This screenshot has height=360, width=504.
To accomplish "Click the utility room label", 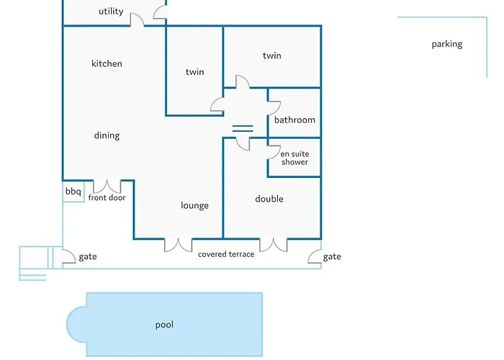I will pos(111,12).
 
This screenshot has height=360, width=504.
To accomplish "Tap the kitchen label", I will pos(107,63).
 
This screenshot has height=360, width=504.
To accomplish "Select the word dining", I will pos(107,135).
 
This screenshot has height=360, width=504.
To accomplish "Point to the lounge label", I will pos(194,205).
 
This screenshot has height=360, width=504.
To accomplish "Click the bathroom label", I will pos(294,120).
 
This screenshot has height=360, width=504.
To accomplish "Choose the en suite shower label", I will pos(294,158).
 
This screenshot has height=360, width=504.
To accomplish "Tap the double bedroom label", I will pos(269,199).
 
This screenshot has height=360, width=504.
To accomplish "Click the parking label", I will pos(447,44).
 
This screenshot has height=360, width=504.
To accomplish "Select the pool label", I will pos(165,325).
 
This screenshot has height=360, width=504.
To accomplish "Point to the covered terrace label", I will pos(226,254).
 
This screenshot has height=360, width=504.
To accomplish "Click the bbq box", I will pos(73,192).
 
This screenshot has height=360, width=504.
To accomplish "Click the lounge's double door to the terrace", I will pos(178,245).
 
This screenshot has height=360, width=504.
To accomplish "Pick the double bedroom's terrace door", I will pos(273,245).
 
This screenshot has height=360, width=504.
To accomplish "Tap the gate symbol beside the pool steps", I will pos(68,257).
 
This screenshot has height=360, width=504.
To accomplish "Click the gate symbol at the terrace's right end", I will pos(315,257).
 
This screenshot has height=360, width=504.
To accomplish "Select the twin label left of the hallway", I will pos(194,72).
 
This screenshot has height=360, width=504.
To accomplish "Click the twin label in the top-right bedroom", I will pos(271,55).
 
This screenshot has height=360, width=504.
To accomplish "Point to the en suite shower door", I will pos(274,152).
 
